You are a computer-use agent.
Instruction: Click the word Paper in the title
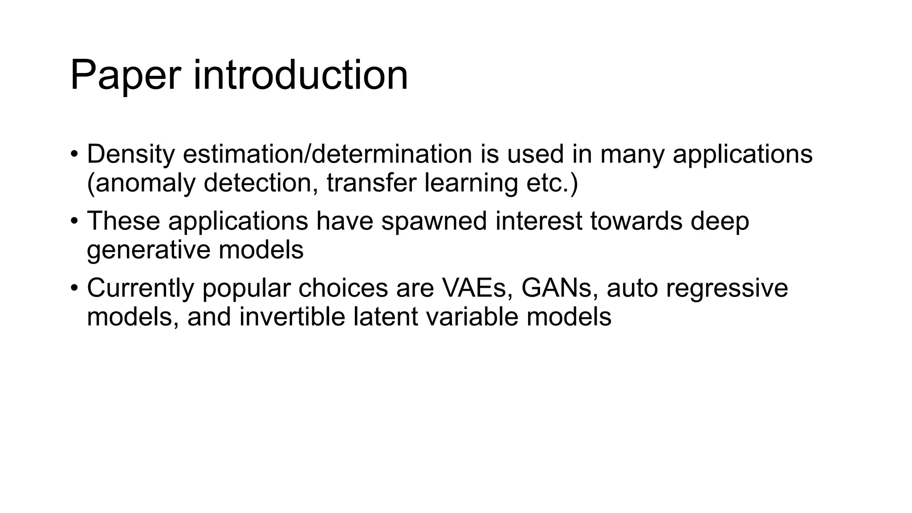point(125,76)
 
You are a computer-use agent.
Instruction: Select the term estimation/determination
point(327,154)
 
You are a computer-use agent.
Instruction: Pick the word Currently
point(140,288)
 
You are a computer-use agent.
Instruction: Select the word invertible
point(292,317)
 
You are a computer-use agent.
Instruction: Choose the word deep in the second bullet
point(720,222)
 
